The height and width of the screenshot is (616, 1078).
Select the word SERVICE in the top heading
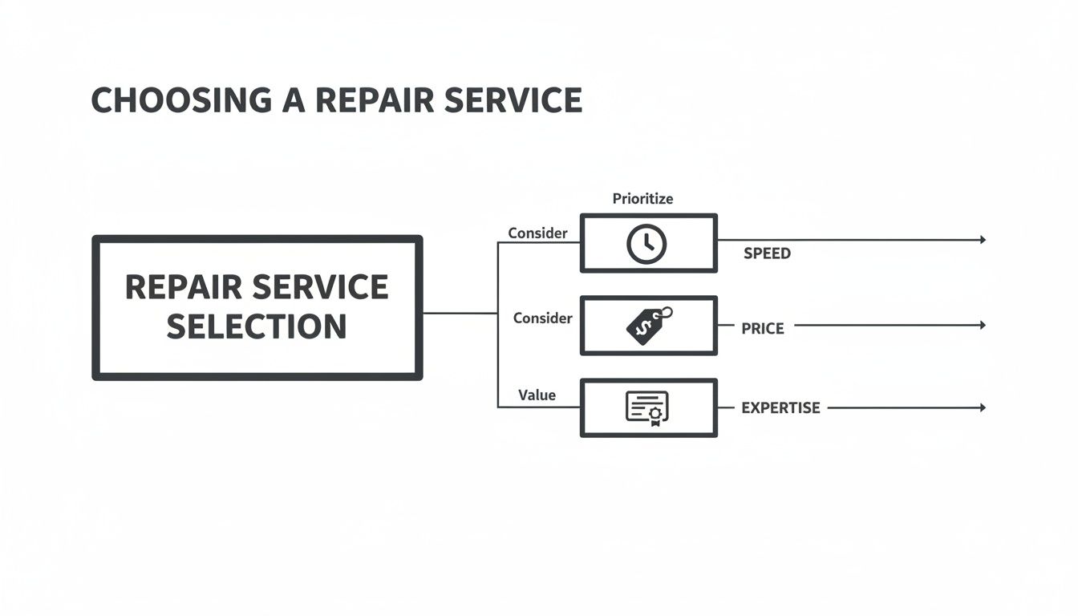(513, 100)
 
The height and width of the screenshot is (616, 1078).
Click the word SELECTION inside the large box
(257, 326)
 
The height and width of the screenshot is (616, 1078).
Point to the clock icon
(646, 244)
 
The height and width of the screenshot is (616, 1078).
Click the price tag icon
(648, 326)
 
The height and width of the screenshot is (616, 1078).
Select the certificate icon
(646, 408)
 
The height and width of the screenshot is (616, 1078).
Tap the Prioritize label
(642, 198)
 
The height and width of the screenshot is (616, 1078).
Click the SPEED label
(767, 253)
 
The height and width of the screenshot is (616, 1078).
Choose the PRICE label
(762, 328)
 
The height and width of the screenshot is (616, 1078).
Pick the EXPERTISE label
(780, 408)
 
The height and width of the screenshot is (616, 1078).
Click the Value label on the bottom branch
(537, 395)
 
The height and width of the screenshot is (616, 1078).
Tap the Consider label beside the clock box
(537, 233)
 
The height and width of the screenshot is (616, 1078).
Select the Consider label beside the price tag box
(542, 318)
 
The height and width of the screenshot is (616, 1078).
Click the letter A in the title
(294, 100)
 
